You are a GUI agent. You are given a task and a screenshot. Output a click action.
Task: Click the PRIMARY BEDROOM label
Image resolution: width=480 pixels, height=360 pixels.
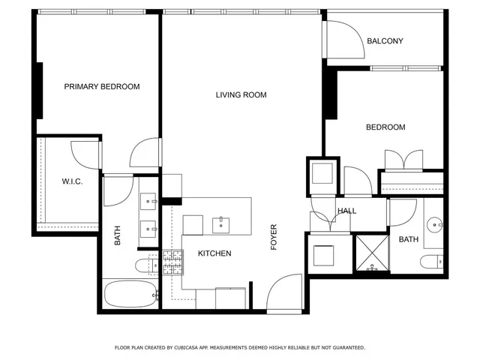(102, 87)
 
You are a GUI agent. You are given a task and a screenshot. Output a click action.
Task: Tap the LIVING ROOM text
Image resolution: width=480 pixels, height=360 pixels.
(241, 95)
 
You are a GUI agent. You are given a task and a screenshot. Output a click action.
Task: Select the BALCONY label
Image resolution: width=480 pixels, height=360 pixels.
(385, 41)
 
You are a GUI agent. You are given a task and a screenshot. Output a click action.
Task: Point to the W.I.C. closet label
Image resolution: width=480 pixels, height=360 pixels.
(72, 182)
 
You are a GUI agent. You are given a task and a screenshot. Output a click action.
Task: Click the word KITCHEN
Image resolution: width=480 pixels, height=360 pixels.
(214, 253)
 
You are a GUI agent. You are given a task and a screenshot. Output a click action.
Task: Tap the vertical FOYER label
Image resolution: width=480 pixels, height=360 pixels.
(274, 237)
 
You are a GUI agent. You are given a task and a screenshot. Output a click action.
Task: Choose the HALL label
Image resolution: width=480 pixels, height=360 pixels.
(346, 211)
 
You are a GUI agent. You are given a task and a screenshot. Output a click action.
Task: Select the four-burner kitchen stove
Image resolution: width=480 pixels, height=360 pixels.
(172, 263)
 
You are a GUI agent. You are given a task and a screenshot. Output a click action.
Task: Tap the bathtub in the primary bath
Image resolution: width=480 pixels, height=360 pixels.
(131, 293)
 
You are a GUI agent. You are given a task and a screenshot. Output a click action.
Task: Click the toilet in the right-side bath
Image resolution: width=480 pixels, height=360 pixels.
(432, 261)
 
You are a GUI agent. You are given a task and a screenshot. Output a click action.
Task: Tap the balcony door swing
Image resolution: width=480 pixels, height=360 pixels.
(341, 39)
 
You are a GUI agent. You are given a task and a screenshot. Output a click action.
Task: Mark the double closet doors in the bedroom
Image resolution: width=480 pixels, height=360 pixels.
(403, 160)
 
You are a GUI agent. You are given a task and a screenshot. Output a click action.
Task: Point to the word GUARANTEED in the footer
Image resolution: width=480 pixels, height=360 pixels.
(345, 348)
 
